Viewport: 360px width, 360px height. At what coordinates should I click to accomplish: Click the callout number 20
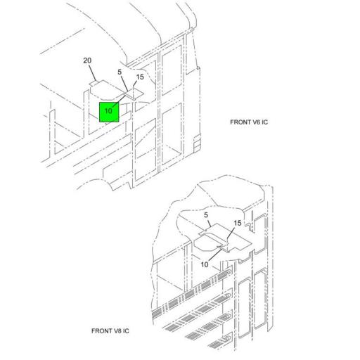(x=87, y=60)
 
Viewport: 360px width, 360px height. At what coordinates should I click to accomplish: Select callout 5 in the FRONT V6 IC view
(x=120, y=72)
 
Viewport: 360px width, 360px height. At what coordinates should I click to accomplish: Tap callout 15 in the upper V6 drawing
(x=140, y=77)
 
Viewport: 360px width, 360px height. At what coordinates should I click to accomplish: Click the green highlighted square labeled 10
(x=109, y=112)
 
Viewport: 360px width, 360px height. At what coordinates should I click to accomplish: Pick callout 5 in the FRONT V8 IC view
(x=206, y=215)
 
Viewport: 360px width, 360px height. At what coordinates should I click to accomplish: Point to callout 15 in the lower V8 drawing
(x=238, y=223)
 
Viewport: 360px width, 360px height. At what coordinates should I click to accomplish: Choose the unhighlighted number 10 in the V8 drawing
(x=205, y=264)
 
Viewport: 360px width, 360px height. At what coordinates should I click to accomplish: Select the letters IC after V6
(x=264, y=122)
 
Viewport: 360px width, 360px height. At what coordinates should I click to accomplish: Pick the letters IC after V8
(x=126, y=331)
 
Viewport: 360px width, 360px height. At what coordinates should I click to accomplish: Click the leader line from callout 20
(x=93, y=73)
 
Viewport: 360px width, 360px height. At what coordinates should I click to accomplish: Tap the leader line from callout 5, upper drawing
(x=124, y=84)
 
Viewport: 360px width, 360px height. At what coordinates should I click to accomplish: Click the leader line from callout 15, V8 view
(x=230, y=233)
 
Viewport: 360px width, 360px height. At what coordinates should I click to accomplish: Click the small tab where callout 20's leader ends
(x=94, y=83)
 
